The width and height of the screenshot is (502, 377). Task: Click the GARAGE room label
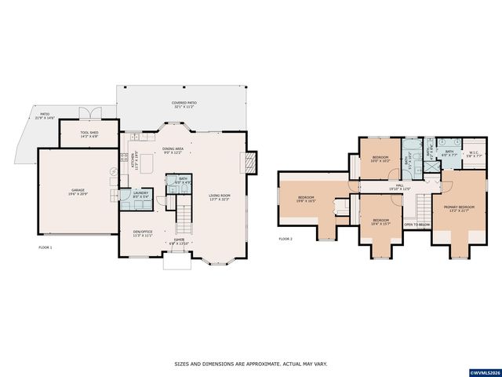(x=77, y=191)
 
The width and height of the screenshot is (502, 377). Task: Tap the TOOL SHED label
(x=89, y=134)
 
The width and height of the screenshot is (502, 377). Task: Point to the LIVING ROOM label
(x=220, y=197)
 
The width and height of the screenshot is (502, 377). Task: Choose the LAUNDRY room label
(x=140, y=194)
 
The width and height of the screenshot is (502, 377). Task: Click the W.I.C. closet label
(x=473, y=154)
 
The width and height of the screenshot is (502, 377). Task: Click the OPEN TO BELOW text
(x=417, y=225)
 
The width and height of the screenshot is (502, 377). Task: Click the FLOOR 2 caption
(x=286, y=239)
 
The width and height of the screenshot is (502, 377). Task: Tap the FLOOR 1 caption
(x=45, y=247)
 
